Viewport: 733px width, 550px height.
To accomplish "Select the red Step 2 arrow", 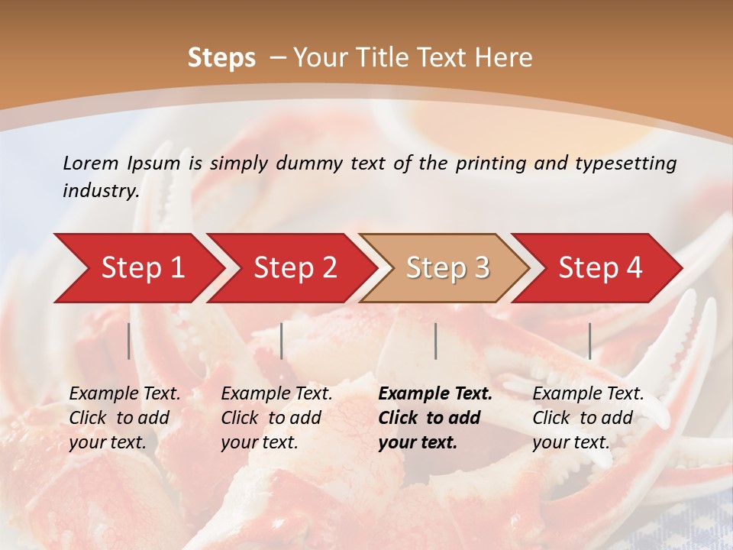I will tap(290, 268).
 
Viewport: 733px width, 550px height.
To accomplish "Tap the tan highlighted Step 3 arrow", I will tap(444, 268).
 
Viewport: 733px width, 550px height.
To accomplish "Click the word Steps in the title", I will tap(221, 58).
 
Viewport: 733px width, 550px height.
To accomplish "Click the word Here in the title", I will tap(503, 58).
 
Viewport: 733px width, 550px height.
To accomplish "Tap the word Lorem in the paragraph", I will tap(91, 163).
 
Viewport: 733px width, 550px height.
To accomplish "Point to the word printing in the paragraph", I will tap(487, 163).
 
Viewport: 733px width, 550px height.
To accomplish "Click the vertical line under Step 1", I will tap(129, 341).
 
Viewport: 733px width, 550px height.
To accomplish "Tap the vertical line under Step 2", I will tap(282, 341).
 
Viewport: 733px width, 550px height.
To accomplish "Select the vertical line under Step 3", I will tap(435, 341).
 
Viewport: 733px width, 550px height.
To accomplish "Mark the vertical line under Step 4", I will tap(589, 341).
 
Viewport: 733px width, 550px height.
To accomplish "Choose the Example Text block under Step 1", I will tap(124, 418).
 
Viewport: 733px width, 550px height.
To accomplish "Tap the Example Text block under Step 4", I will tap(588, 418).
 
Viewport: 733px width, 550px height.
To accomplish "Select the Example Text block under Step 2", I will tap(276, 418).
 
